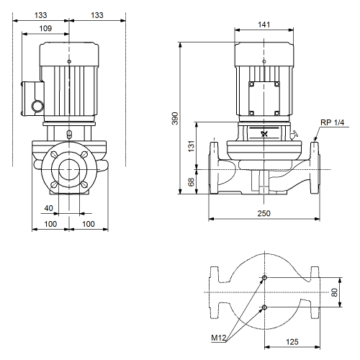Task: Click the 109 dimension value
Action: (x=45, y=29)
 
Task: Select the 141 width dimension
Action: (x=264, y=24)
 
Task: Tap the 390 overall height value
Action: (x=176, y=118)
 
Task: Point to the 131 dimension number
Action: (x=191, y=146)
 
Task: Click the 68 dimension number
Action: (x=191, y=182)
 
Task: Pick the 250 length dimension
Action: (x=264, y=213)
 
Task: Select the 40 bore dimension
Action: (x=49, y=208)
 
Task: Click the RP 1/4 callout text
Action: (x=333, y=122)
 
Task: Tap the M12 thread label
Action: (x=219, y=338)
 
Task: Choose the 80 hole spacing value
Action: (x=334, y=292)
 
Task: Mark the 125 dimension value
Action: (x=292, y=342)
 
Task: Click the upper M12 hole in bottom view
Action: (x=264, y=278)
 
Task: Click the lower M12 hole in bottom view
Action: (x=264, y=307)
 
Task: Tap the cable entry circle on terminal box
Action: (x=38, y=106)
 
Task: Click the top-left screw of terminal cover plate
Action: (x=251, y=84)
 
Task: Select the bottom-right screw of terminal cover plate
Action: (x=276, y=113)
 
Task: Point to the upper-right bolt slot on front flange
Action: (x=84, y=155)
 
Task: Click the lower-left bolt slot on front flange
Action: (x=54, y=184)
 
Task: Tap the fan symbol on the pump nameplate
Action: (x=264, y=134)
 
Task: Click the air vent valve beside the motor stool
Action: (x=294, y=135)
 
